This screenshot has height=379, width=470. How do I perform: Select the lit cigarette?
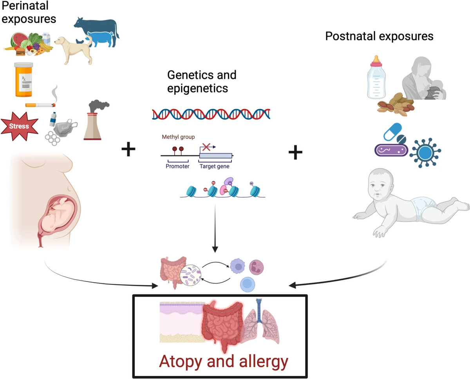(40, 105)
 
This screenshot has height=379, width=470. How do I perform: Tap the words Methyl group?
(175, 137)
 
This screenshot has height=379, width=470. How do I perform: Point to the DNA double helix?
(211, 113)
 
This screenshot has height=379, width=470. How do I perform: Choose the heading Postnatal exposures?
(380, 36)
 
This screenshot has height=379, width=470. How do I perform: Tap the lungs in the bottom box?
(261, 325)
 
